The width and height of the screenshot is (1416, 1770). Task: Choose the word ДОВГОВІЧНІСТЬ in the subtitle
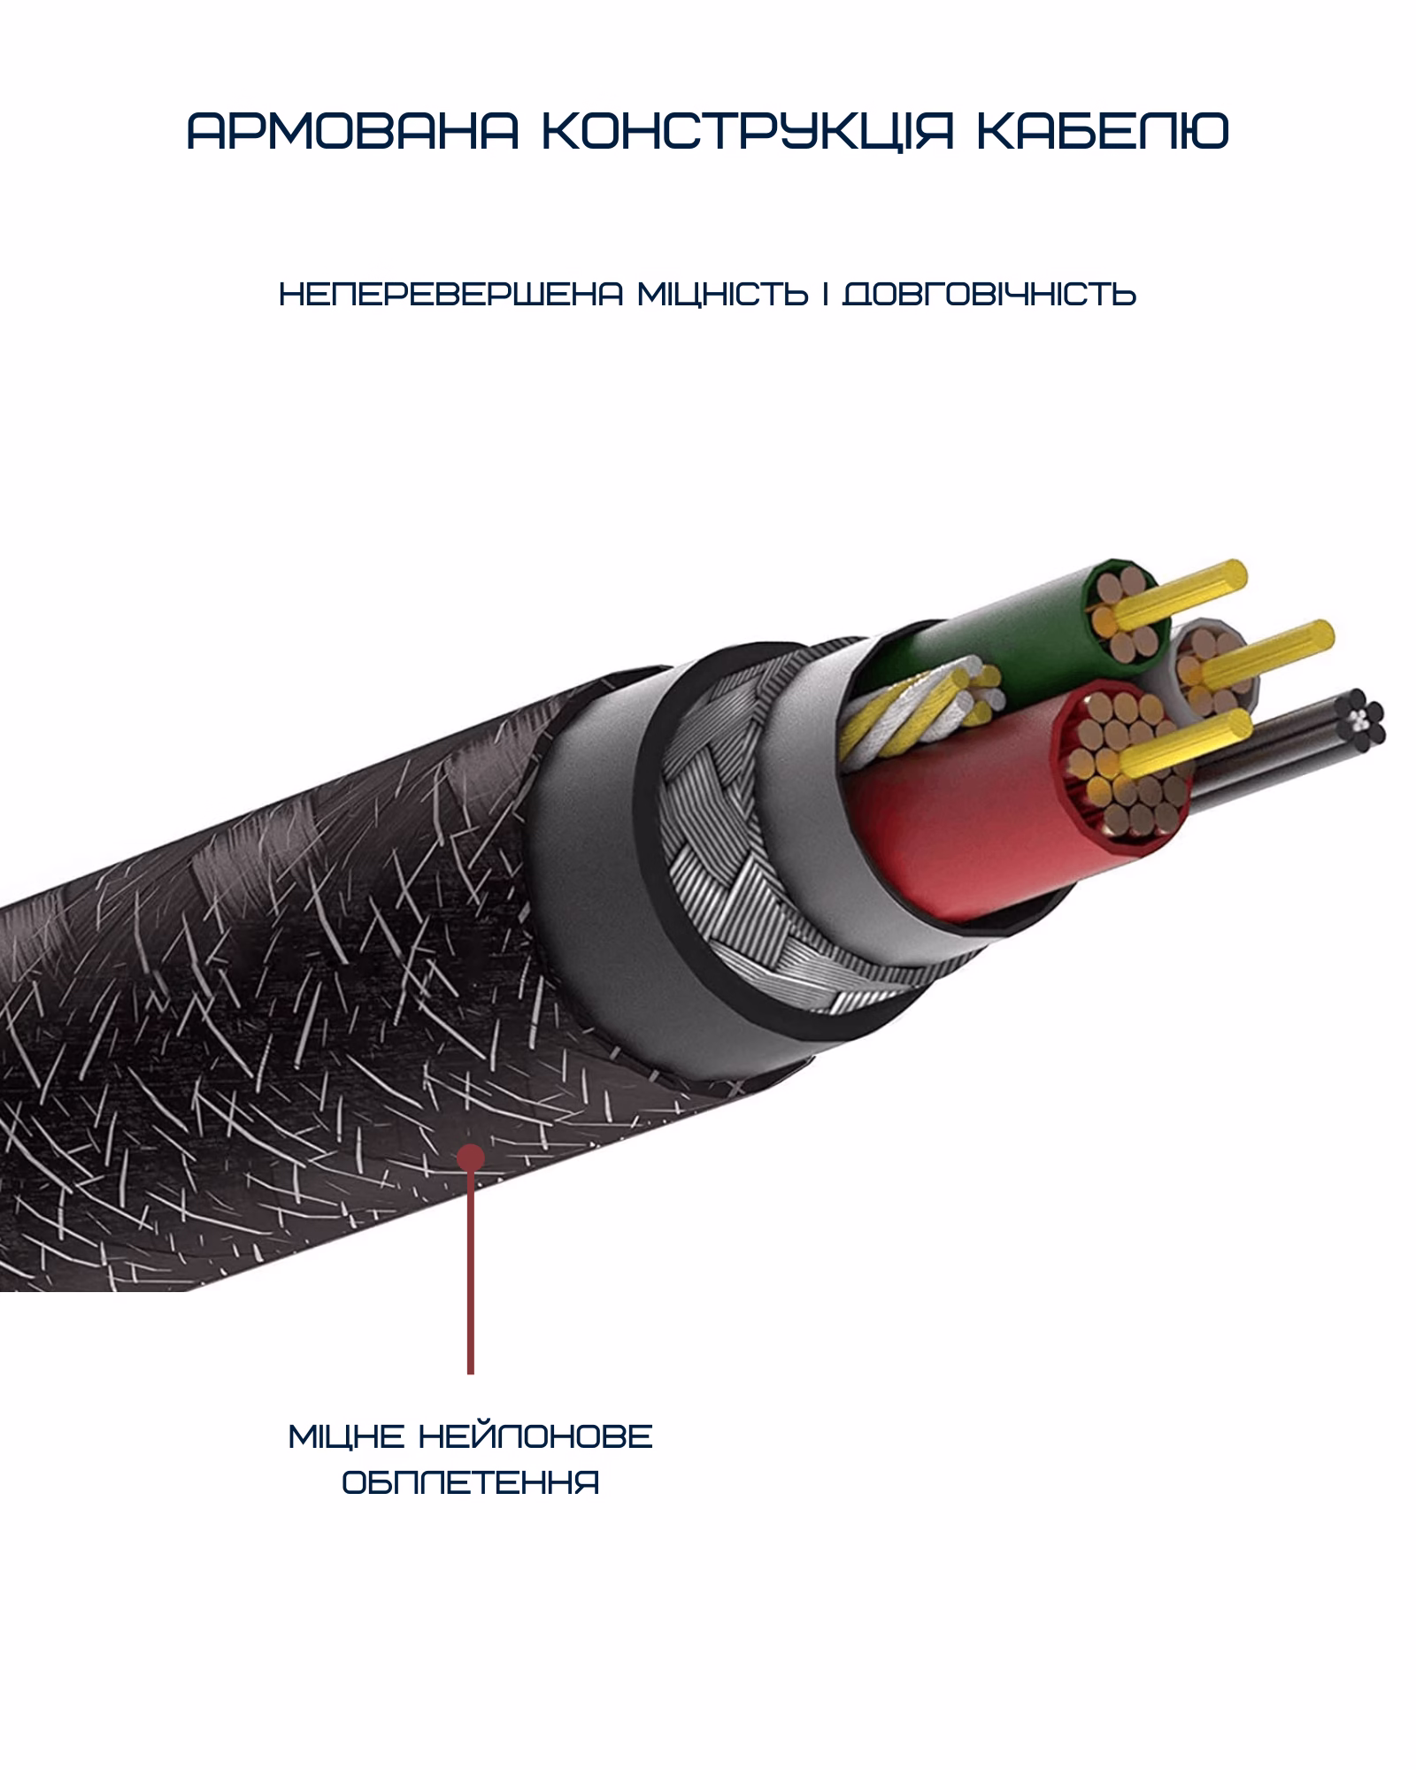pyautogui.click(x=989, y=294)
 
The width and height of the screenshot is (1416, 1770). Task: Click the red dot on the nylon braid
pyautogui.click(x=471, y=1155)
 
